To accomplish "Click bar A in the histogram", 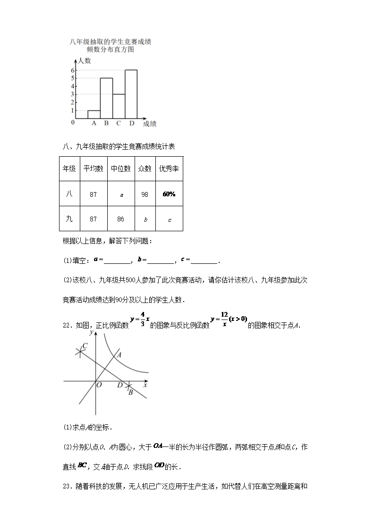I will click(x=94, y=114).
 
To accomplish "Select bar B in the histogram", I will click(x=106, y=98).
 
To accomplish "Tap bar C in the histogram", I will click(x=119, y=106).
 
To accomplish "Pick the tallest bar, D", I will click(x=131, y=94).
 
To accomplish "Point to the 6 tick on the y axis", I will click(x=73, y=70).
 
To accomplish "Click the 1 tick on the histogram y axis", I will click(x=73, y=110).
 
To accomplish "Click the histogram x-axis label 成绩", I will click(x=150, y=124).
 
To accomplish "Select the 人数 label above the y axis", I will click(x=85, y=61).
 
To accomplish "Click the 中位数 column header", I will click(x=121, y=168).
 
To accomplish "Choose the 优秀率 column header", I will click(x=169, y=168).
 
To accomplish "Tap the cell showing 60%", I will click(x=169, y=194).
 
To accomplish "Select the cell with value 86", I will click(x=120, y=219).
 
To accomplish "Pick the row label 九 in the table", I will click(x=69, y=219).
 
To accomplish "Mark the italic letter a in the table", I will click(x=121, y=194).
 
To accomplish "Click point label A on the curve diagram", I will click(x=119, y=354).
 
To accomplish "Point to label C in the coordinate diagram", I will click(x=84, y=346).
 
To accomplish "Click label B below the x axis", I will click(x=130, y=392).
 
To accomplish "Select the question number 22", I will click(x=67, y=325).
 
